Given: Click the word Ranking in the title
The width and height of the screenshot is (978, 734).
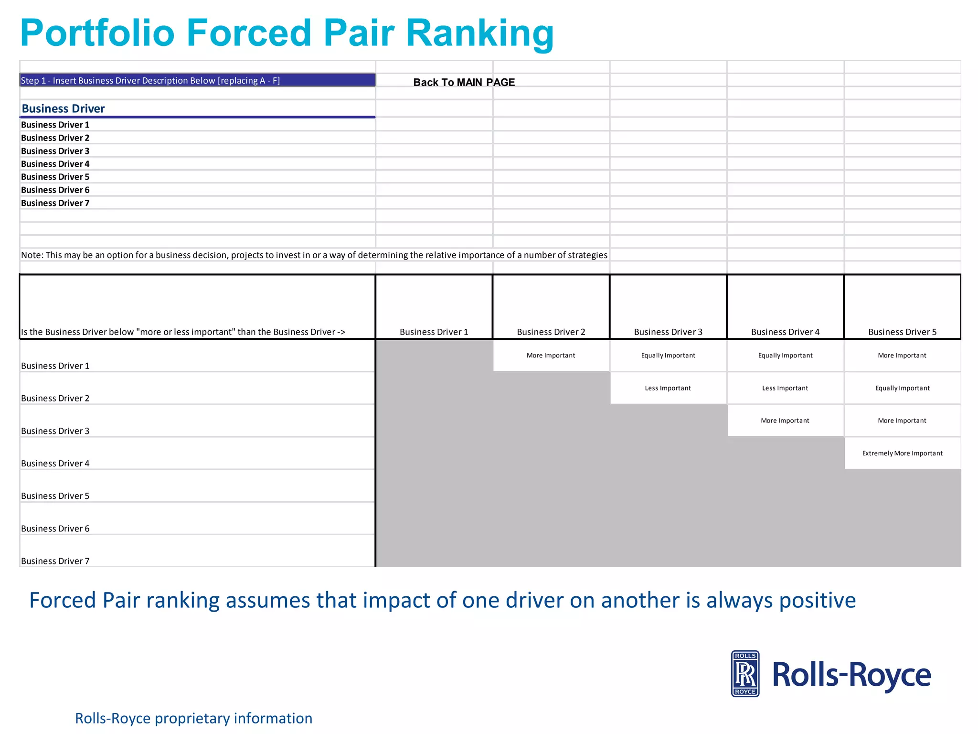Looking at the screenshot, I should click(x=479, y=33).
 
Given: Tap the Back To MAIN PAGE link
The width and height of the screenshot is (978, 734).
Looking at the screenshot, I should click(x=464, y=82).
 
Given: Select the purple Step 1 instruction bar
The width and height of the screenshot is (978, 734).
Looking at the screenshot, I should click(x=197, y=80).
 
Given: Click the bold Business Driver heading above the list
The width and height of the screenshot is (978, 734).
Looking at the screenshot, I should click(x=63, y=108).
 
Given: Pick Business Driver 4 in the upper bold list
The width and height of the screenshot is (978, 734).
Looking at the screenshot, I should click(x=55, y=164).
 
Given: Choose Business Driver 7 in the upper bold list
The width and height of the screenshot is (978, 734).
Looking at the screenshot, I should click(x=55, y=203).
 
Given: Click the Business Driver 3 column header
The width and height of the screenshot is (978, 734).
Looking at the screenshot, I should click(x=668, y=332).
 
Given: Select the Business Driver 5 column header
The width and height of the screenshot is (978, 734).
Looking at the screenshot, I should click(x=902, y=332).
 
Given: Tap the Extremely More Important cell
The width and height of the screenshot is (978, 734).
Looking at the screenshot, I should click(x=902, y=453).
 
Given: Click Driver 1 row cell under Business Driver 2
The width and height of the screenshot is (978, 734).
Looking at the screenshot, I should click(x=551, y=356).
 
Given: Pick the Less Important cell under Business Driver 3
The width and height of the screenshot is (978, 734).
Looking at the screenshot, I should click(x=668, y=388).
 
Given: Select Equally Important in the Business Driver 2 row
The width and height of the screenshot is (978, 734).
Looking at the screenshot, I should click(x=902, y=388).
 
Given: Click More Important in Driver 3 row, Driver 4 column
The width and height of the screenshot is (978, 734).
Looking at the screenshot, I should click(x=785, y=421).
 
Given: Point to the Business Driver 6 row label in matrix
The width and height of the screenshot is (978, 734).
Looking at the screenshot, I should click(x=55, y=529).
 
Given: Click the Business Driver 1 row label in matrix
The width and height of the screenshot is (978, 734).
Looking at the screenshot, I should click(x=55, y=366).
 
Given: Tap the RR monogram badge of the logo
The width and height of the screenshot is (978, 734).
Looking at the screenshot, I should click(x=745, y=674).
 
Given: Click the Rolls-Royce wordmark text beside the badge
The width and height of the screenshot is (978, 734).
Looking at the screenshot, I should click(x=851, y=675).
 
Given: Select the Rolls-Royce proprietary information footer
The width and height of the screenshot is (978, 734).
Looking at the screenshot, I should click(x=193, y=718).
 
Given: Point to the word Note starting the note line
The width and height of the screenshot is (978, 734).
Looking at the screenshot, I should click(x=32, y=255).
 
